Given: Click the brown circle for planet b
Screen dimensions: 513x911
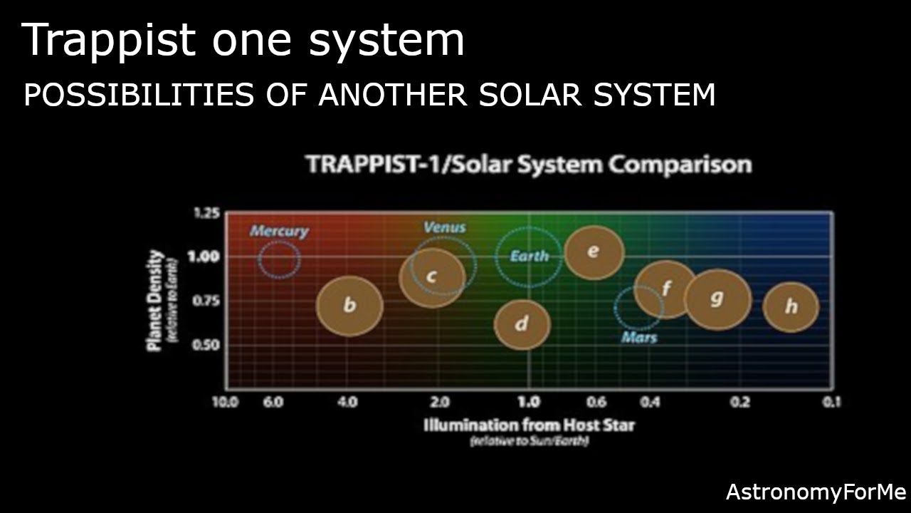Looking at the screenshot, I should click(x=349, y=306).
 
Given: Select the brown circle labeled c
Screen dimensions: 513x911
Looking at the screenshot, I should click(x=431, y=277).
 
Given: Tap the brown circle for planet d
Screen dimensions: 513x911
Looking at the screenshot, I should click(x=522, y=324).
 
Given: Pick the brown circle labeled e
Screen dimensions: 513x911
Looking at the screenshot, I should click(x=594, y=252).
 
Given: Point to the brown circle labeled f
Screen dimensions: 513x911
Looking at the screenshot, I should click(x=665, y=289).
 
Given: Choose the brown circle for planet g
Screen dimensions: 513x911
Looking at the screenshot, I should click(x=717, y=299).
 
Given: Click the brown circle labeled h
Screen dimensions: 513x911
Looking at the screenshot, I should click(x=791, y=307).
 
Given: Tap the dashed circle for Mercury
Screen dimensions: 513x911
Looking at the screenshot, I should click(x=279, y=259).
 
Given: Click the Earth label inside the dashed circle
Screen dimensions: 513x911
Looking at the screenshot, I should click(x=530, y=256).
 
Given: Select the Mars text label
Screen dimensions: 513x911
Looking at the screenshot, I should click(x=639, y=337).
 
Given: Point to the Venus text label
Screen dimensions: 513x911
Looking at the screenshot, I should click(x=444, y=227).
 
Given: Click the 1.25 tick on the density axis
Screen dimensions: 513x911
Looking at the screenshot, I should click(x=206, y=213).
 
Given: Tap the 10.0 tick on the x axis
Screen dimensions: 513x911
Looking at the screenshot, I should click(x=225, y=402).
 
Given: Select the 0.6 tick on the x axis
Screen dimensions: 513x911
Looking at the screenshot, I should click(x=596, y=402).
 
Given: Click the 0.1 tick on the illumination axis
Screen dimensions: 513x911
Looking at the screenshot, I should click(x=831, y=402).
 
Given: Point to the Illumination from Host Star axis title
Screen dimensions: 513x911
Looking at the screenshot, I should click(x=529, y=425).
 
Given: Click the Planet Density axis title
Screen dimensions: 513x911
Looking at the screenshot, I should click(x=155, y=300).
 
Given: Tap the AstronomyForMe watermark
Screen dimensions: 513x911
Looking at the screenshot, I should click(x=816, y=492).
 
